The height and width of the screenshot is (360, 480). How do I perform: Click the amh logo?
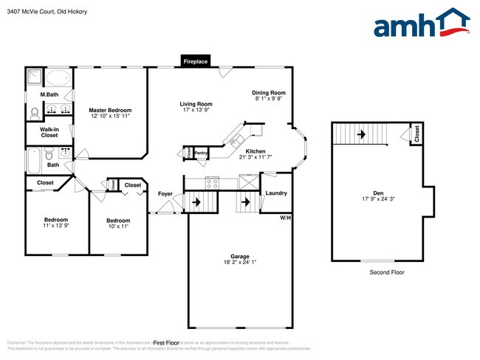pos(422,24)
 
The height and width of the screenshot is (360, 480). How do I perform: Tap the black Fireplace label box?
pos(196,61)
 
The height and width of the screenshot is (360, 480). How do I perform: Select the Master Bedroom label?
pos(110,110)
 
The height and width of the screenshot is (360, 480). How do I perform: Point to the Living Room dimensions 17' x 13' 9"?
pos(196,111)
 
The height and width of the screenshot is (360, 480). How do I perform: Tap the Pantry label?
pos(201,153)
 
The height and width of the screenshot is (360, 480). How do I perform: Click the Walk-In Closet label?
pos(49,133)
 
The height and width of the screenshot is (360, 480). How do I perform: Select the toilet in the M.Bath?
pos(34,113)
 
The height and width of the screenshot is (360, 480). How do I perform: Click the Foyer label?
pos(165,194)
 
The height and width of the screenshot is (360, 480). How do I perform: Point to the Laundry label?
pos(276,193)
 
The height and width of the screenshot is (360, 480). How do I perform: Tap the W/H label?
pos(285,218)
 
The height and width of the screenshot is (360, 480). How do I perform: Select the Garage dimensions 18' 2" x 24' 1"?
pos(239,262)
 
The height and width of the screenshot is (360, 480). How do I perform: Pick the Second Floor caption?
pos(386,272)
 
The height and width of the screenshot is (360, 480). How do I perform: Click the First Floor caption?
pos(166,343)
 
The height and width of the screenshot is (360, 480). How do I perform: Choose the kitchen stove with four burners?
pos(212,181)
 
